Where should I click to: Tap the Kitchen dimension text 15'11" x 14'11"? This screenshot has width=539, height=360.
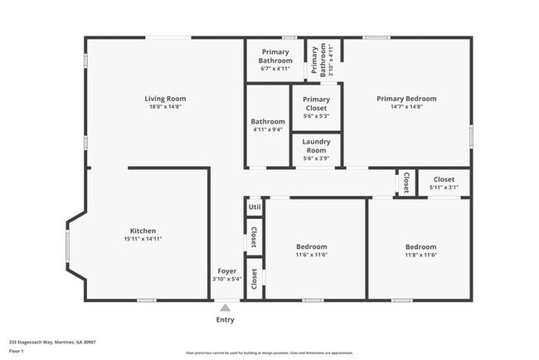point(143,239)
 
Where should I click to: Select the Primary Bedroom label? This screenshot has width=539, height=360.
point(406,99)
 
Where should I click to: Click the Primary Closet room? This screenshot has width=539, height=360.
point(316,108)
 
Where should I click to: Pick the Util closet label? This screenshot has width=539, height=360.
point(255,207)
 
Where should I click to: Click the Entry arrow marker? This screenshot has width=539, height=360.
point(225,308)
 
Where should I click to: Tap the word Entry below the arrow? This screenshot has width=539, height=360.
point(225,320)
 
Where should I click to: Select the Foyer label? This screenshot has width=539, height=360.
point(227,271)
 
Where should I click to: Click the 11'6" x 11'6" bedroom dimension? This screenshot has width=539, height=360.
point(312,255)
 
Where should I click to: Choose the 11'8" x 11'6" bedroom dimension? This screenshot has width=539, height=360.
point(420,255)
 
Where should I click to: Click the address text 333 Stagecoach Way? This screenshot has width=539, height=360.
point(52,341)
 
